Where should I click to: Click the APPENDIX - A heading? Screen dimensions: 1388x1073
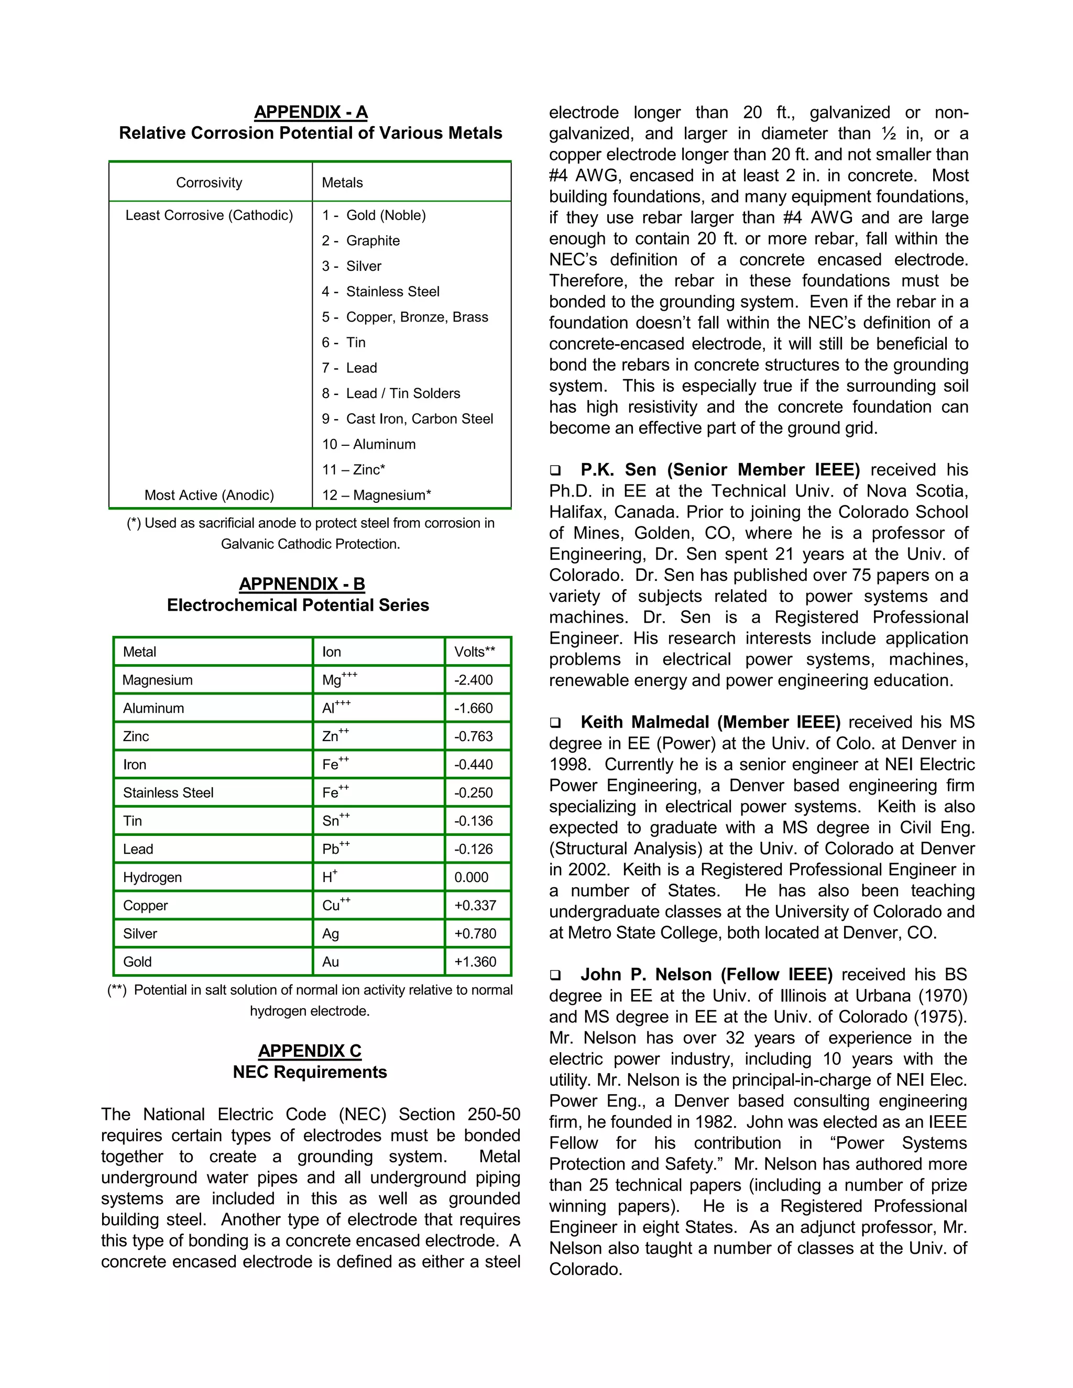[311, 112]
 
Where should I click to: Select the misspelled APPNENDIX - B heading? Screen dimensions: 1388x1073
[302, 583]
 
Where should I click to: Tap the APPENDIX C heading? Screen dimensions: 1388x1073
[310, 1051]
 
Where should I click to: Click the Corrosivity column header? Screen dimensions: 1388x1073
[209, 182]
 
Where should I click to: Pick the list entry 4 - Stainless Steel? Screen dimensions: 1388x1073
[380, 291]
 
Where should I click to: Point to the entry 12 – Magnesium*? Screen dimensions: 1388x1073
[376, 495]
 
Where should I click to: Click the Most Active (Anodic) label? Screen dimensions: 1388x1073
[209, 495]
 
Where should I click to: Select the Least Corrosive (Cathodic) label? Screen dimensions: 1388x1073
[209, 215]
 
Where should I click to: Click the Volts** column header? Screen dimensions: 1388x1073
[474, 652]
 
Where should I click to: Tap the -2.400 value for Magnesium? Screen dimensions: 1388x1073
[474, 680]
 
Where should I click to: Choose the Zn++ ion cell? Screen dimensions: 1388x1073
[335, 735]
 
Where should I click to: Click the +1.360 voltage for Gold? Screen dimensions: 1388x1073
[475, 962]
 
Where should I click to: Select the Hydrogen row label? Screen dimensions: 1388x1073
[152, 877]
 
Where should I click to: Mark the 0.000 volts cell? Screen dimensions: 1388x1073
[471, 877]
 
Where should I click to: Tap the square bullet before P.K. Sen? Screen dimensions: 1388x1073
[555, 471]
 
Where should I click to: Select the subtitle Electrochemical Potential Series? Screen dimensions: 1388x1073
[298, 604]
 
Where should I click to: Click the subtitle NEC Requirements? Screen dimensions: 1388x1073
[310, 1072]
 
